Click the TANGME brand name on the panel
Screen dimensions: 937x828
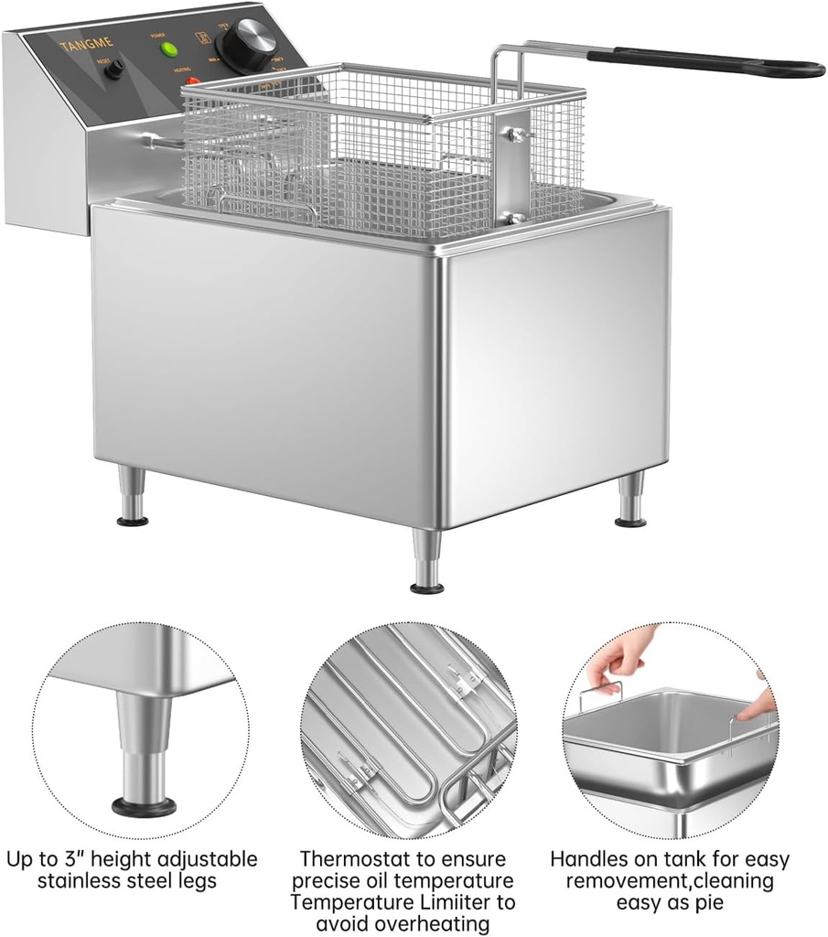pyautogui.click(x=86, y=43)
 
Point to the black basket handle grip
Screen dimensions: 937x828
pyautogui.click(x=704, y=61)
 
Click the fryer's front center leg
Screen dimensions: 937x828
pyautogui.click(x=426, y=561)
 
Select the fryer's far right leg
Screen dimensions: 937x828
pyautogui.click(x=630, y=500)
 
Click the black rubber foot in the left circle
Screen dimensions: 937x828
pyautogui.click(x=144, y=806)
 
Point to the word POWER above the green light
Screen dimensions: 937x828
pyautogui.click(x=157, y=34)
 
